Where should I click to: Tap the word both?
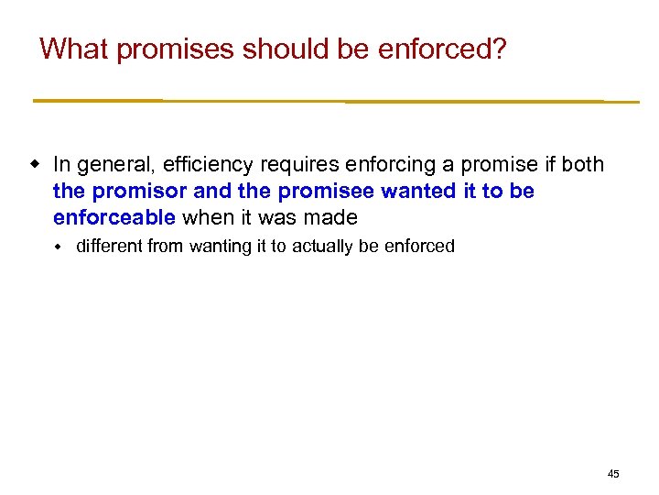583,165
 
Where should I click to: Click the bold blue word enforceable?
113,218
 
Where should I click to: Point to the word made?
331,218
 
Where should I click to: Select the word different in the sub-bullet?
112,247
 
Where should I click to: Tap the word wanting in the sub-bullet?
221,247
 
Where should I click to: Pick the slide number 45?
613,474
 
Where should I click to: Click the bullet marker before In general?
36,165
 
